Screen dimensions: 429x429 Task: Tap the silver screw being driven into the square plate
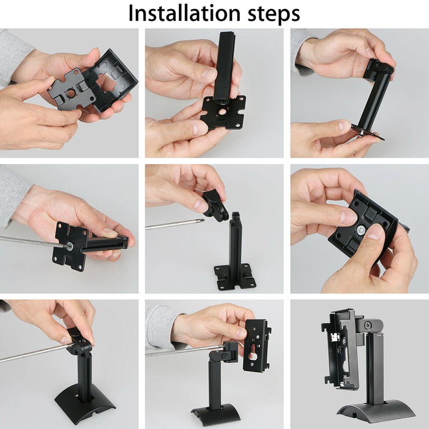(x=71, y=246)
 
